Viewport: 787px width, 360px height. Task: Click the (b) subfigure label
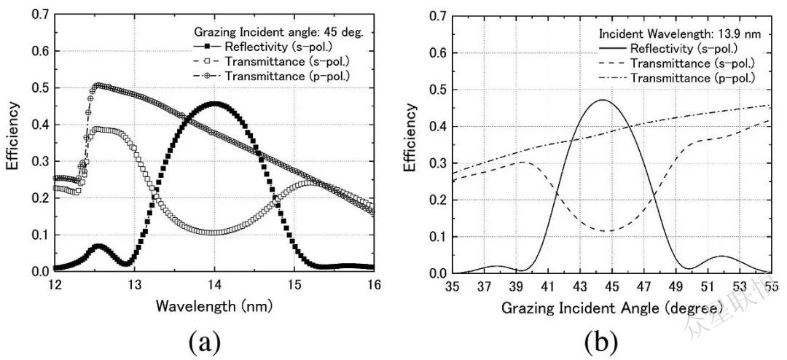(602, 340)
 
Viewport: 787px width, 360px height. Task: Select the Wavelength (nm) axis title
(214, 306)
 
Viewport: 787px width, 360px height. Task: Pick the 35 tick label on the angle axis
(453, 285)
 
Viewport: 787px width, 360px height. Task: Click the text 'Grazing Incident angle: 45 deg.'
(283, 32)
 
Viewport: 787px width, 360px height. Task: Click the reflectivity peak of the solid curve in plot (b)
(603, 99)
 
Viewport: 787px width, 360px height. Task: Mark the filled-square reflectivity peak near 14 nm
(214, 103)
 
